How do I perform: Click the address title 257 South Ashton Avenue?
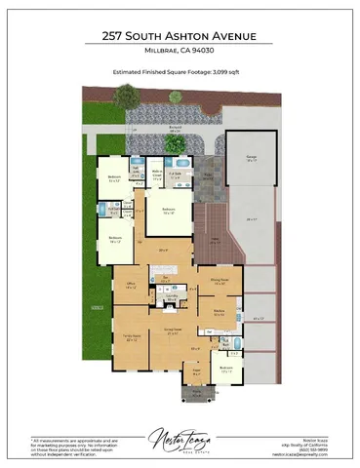coord(180,36)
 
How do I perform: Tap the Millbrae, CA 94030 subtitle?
coord(180,52)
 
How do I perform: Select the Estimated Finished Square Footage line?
coord(180,71)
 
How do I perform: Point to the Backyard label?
coord(176,129)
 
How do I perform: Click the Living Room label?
coord(177,331)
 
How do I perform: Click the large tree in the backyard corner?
coord(127,98)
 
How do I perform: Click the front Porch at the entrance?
coord(194,393)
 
